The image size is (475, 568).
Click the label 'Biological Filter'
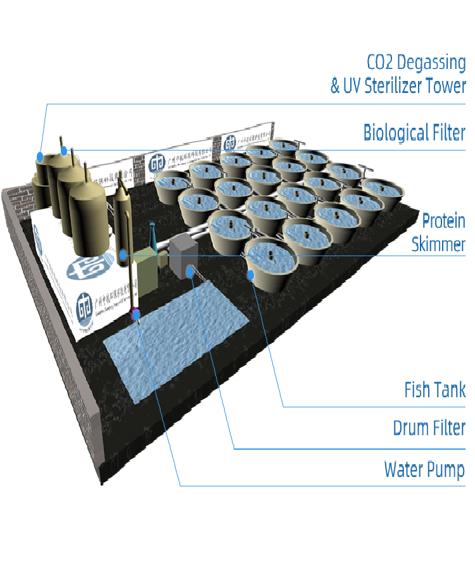[x=414, y=133]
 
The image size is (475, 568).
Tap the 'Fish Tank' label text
[x=434, y=390]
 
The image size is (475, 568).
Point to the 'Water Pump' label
[x=424, y=470]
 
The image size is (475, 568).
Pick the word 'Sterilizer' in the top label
[x=396, y=86]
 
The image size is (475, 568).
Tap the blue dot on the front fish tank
[x=251, y=275]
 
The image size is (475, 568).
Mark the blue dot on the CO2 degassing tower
[x=40, y=156]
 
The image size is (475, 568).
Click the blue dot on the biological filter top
[x=64, y=151]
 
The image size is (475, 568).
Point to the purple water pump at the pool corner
[x=134, y=313]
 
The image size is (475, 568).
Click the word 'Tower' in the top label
[x=447, y=86]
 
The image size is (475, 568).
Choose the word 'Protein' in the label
[x=443, y=221]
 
